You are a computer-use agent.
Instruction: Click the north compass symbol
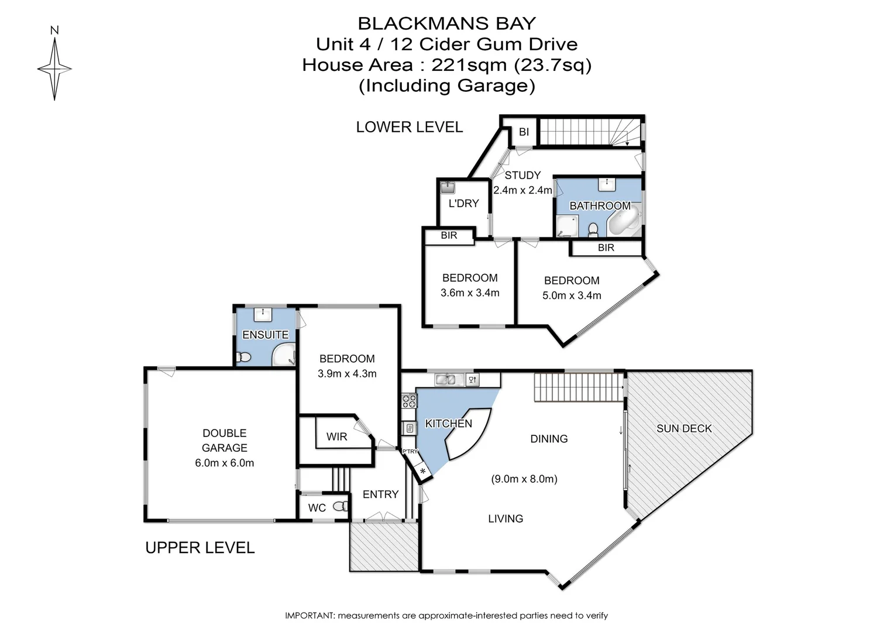(x=54, y=68)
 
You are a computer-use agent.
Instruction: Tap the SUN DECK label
(x=684, y=428)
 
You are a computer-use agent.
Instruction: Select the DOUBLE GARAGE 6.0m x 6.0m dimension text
(x=224, y=463)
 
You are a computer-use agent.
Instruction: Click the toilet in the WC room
(x=340, y=507)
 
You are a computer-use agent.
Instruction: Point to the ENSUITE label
(x=265, y=335)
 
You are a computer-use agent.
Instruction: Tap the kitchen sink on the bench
(x=446, y=380)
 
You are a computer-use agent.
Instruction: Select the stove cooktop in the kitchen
(x=409, y=401)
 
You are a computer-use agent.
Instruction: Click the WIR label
(x=336, y=437)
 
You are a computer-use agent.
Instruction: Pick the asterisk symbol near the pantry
(x=422, y=470)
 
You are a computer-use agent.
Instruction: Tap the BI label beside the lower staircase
(x=524, y=132)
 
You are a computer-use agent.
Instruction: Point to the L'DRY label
(x=463, y=203)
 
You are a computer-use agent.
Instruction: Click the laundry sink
(x=448, y=187)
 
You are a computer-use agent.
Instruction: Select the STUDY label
(x=522, y=175)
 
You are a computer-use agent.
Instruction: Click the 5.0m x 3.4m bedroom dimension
(x=572, y=296)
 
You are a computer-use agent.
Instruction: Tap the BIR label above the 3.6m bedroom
(x=449, y=235)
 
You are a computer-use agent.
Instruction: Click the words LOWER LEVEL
(x=409, y=127)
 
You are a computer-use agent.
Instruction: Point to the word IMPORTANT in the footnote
(x=309, y=616)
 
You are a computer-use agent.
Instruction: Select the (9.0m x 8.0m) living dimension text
(x=524, y=479)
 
